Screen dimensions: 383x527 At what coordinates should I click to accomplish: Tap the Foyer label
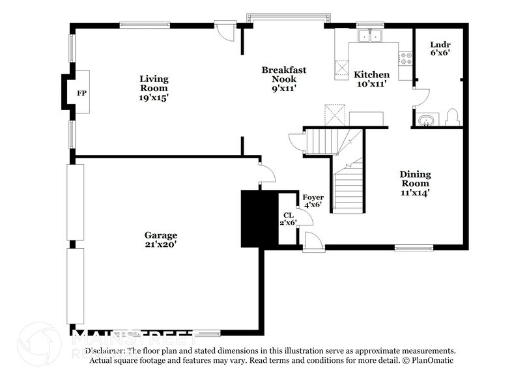(x=313, y=197)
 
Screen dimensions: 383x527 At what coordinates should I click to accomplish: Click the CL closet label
(x=288, y=215)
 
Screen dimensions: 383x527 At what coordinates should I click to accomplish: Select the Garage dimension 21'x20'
(x=160, y=244)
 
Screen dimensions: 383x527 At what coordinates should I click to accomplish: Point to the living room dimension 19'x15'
(x=154, y=97)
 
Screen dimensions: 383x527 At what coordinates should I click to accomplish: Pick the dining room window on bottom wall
(x=413, y=247)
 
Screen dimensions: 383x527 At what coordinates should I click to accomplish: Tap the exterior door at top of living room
(x=223, y=30)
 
